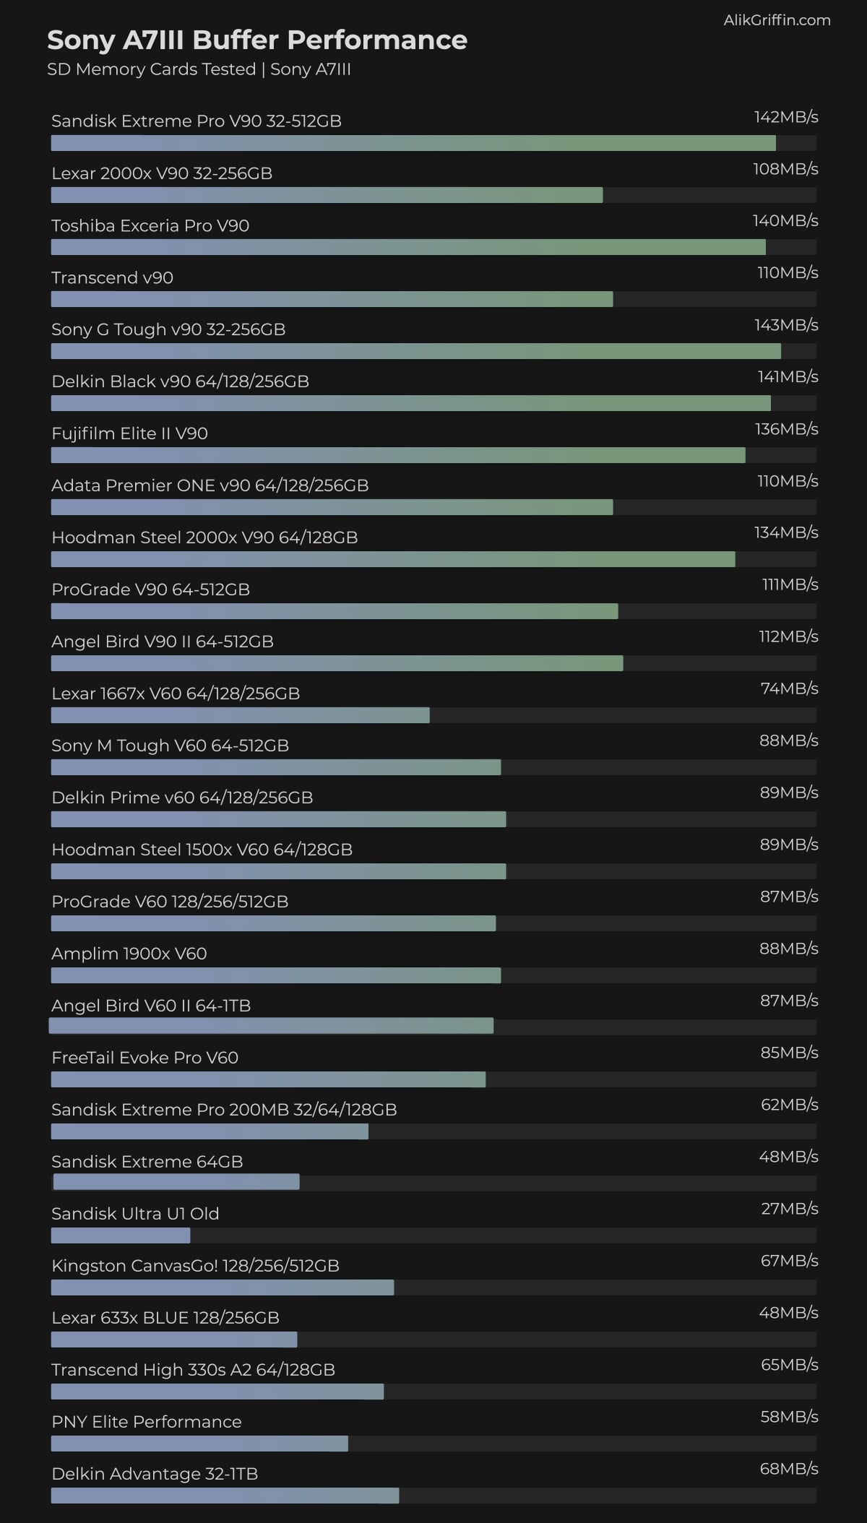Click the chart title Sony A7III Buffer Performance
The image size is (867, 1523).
(257, 40)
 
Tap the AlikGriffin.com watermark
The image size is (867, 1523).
(777, 20)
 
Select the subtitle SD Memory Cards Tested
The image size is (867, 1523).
(152, 69)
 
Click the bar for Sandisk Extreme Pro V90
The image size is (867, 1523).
(413, 143)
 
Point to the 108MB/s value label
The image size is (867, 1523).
(785, 169)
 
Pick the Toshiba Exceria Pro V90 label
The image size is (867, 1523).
(150, 225)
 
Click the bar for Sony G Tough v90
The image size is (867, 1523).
(415, 351)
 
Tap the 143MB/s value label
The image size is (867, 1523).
(786, 325)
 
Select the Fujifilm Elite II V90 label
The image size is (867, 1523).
(130, 433)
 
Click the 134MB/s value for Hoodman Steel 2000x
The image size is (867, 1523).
(786, 532)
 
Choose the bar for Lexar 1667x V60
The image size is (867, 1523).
(240, 715)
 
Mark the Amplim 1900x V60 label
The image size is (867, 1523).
(129, 954)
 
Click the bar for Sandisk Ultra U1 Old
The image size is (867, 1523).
(121, 1235)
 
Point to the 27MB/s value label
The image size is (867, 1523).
(790, 1209)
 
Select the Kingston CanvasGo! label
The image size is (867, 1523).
(195, 1266)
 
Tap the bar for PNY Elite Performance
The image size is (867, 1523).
(199, 1444)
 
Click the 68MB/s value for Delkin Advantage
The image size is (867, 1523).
(789, 1469)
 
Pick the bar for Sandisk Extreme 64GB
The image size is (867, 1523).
(176, 1182)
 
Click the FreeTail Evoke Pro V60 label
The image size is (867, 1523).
(144, 1058)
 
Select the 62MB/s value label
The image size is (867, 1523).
(790, 1105)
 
